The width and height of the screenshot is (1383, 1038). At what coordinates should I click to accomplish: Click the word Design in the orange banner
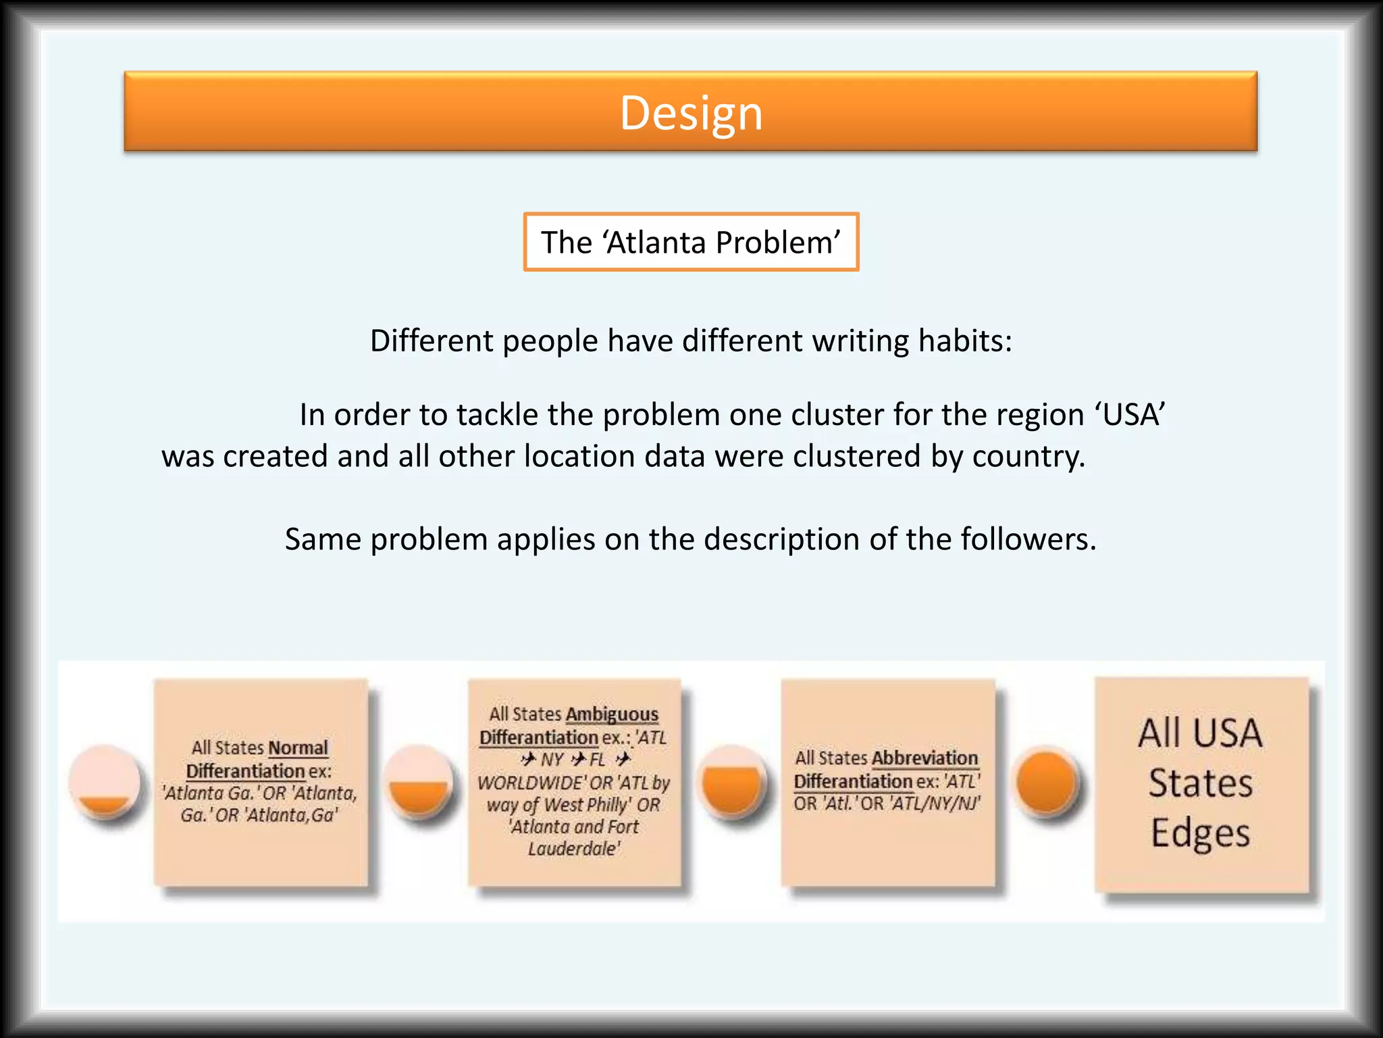[x=691, y=113]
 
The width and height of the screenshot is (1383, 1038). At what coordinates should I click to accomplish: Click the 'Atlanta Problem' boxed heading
[x=691, y=242]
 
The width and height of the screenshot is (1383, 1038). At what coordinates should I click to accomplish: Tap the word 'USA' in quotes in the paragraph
[x=1129, y=414]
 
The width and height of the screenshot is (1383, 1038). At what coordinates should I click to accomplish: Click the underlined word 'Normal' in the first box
[x=298, y=748]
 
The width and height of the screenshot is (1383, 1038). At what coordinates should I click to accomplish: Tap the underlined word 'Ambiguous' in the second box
[x=612, y=714]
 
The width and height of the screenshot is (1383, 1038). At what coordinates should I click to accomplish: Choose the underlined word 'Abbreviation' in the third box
[x=924, y=758]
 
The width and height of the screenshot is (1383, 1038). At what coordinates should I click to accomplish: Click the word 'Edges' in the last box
[x=1200, y=833]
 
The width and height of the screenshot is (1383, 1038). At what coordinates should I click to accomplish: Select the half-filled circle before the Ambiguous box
[x=419, y=782]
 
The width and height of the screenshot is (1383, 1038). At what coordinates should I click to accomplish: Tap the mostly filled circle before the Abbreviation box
[x=732, y=782]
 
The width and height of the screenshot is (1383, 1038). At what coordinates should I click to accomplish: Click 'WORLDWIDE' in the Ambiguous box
[x=531, y=783]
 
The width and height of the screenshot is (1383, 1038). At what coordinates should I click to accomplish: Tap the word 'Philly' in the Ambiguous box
[x=608, y=805]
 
